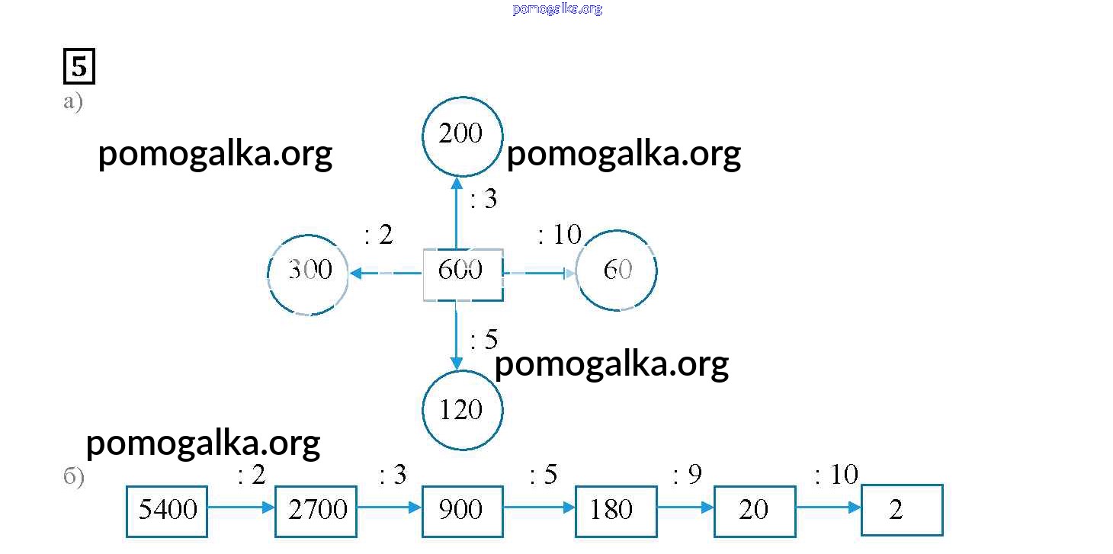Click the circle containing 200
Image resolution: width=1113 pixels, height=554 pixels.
(462, 136)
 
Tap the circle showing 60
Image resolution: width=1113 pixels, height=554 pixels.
(616, 271)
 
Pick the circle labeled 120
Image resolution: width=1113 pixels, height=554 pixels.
(462, 410)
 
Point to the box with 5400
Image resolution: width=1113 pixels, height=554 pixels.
(167, 511)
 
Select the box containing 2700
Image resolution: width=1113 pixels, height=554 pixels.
(316, 511)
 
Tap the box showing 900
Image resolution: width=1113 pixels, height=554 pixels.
(462, 511)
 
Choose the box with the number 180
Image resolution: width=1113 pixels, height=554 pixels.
(615, 511)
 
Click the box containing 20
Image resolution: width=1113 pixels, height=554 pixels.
(754, 511)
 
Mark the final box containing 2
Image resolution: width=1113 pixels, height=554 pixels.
(902, 510)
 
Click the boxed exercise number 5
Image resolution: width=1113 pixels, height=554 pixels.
(79, 66)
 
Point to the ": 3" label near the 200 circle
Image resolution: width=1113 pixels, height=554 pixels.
(484, 200)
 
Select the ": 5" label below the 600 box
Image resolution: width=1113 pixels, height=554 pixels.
(484, 339)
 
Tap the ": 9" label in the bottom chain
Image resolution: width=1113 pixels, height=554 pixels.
(687, 476)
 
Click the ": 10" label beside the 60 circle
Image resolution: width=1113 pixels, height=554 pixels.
(560, 235)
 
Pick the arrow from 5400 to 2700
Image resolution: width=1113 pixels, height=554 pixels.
(241, 507)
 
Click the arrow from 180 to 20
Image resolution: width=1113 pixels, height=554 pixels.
(685, 507)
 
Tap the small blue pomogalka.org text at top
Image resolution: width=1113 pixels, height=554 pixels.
(557, 9)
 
